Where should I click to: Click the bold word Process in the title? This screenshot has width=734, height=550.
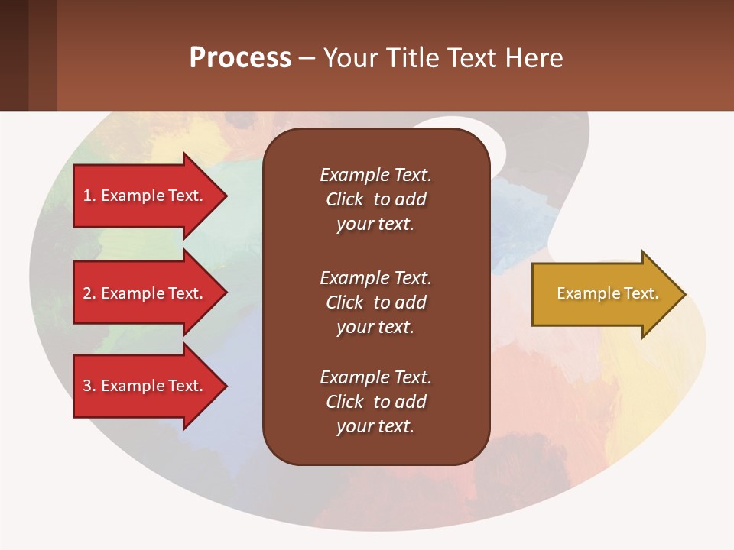(240, 57)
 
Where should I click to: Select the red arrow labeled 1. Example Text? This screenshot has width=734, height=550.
(145, 196)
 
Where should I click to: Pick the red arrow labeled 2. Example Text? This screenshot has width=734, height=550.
(145, 293)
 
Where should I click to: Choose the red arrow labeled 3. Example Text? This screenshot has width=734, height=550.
(145, 386)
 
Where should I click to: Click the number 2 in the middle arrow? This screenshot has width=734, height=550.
(87, 293)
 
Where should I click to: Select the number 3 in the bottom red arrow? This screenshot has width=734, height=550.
(87, 386)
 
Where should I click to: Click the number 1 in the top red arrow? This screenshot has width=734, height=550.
(87, 196)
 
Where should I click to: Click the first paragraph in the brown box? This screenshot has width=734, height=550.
(375, 199)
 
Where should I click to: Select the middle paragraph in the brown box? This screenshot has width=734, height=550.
(375, 302)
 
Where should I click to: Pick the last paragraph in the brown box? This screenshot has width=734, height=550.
(375, 402)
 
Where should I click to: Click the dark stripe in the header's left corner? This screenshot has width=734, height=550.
(14, 55)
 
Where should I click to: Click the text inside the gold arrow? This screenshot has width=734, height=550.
(607, 293)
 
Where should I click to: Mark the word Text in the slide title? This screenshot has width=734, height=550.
(473, 57)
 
